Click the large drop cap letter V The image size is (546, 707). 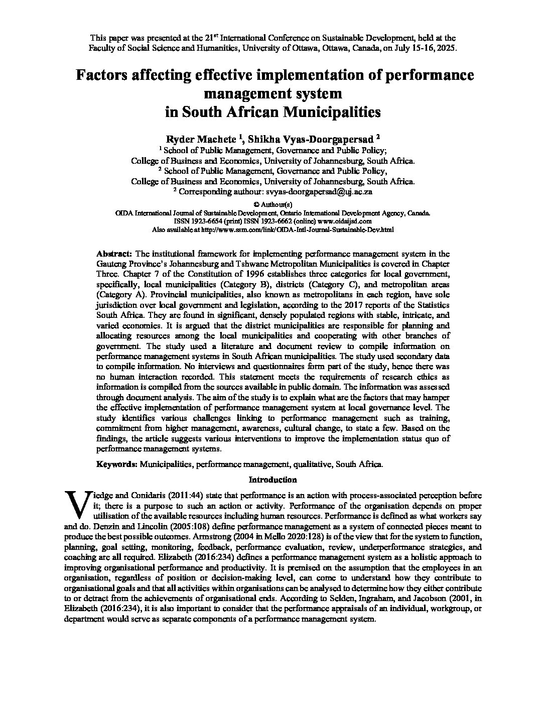[x=77, y=504]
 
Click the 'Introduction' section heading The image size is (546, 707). [x=272, y=480]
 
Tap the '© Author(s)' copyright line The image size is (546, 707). [x=273, y=204]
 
